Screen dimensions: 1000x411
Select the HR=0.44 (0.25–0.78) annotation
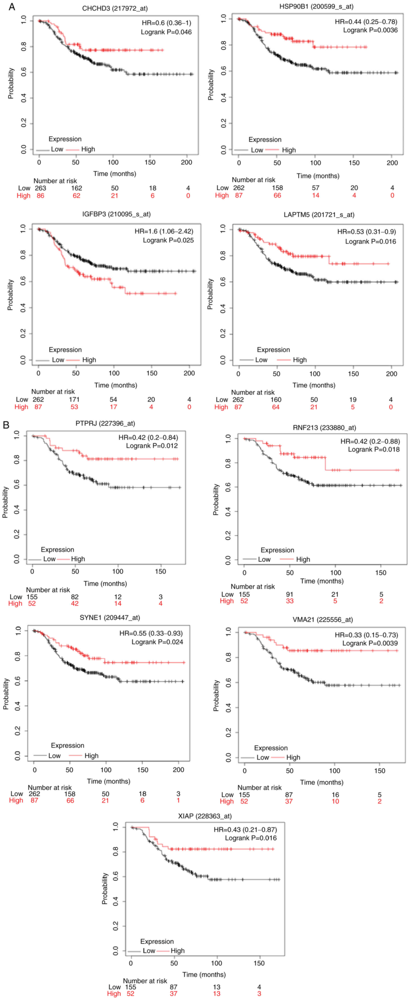click(366, 22)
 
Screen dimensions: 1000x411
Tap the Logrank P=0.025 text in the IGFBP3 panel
click(168, 240)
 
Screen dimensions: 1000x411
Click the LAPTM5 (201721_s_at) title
click(319, 215)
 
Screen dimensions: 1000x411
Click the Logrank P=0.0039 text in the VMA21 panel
click(370, 643)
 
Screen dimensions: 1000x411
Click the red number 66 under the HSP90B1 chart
click(277, 195)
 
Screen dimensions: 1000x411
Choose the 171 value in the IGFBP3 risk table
click(74, 399)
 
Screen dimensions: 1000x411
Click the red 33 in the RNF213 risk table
click(290, 601)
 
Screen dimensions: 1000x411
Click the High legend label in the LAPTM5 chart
click(300, 360)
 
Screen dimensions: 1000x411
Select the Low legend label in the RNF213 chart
click(264, 559)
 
